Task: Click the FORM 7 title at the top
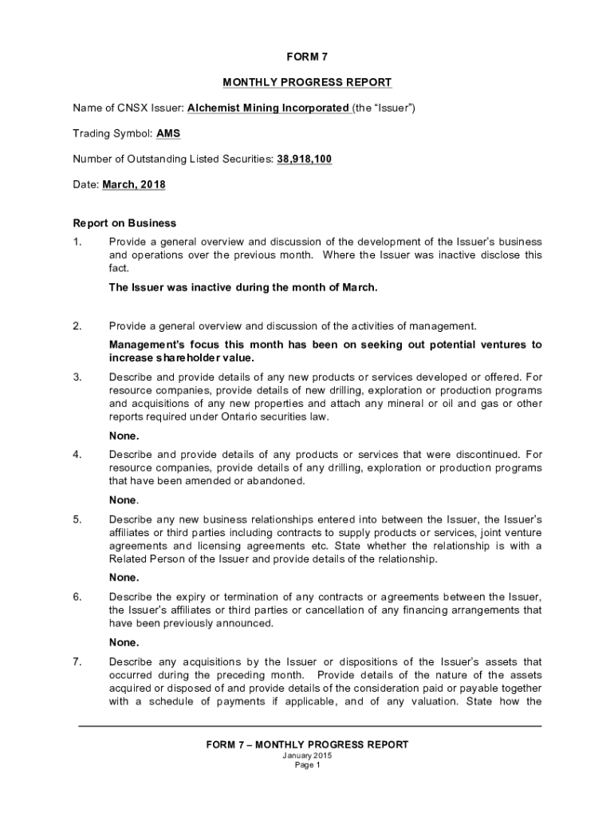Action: click(x=307, y=57)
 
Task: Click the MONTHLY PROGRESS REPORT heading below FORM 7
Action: click(x=307, y=82)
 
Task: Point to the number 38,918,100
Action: click(x=304, y=159)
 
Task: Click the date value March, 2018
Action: click(x=134, y=184)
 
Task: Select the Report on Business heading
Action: click(x=124, y=223)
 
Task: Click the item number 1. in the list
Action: click(x=77, y=242)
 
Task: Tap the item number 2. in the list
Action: click(x=77, y=326)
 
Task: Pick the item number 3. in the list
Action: click(x=77, y=377)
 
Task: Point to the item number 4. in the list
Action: click(x=77, y=454)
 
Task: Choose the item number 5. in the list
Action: click(x=77, y=519)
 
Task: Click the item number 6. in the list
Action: click(x=77, y=597)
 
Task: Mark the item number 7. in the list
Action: click(x=77, y=662)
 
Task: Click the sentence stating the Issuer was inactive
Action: click(x=242, y=288)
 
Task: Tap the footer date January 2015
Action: click(x=307, y=756)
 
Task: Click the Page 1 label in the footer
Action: click(x=307, y=765)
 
